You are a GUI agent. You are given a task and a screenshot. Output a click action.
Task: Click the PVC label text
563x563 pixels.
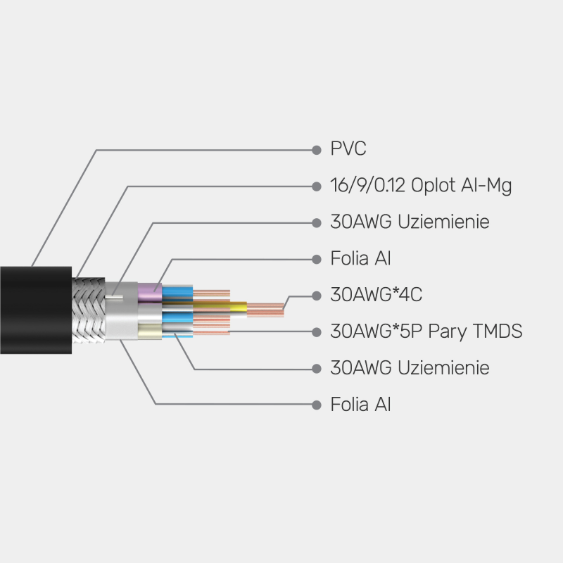[x=348, y=149]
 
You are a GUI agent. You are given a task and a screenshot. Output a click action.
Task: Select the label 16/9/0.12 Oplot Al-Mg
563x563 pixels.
[x=421, y=186]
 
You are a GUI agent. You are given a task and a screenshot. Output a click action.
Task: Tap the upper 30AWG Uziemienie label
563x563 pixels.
[x=410, y=222]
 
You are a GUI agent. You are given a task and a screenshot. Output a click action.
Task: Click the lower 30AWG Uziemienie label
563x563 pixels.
[x=410, y=367]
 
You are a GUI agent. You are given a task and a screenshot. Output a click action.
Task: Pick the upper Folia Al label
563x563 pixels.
[x=360, y=258]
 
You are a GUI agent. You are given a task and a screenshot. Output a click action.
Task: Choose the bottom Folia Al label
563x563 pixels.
[x=360, y=404]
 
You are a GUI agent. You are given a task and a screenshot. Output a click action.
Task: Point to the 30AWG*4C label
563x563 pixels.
[x=376, y=295]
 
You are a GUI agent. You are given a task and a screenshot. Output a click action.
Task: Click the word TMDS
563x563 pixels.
[x=495, y=331]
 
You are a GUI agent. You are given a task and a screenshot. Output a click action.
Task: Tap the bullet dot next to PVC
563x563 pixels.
[x=316, y=149]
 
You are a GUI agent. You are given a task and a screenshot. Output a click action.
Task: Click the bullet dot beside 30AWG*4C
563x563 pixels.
[x=316, y=295]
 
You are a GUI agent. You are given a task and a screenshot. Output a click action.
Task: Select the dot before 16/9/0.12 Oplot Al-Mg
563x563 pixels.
[x=316, y=186]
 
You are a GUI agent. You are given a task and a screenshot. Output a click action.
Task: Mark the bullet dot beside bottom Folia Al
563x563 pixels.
[x=316, y=404]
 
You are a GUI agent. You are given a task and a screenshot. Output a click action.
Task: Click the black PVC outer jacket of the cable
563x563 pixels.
[x=35, y=310]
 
